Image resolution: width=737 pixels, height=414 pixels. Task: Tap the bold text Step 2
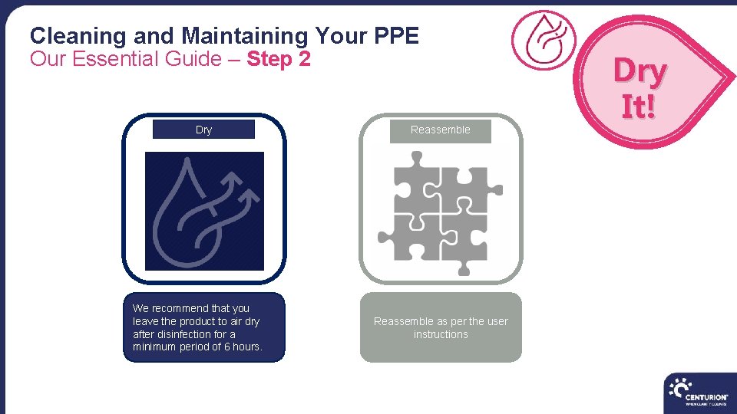[279, 59]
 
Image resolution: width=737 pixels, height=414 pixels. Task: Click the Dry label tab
[203, 130]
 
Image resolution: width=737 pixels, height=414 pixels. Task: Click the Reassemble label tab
[440, 130]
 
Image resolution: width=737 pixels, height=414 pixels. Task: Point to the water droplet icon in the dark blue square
[204, 210]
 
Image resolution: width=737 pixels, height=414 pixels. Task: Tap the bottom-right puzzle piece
[465, 239]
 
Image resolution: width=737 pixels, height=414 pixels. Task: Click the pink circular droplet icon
[544, 39]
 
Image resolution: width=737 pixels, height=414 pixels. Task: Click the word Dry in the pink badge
[640, 72]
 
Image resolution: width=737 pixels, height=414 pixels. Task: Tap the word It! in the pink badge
[639, 107]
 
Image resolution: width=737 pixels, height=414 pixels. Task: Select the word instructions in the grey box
[441, 334]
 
